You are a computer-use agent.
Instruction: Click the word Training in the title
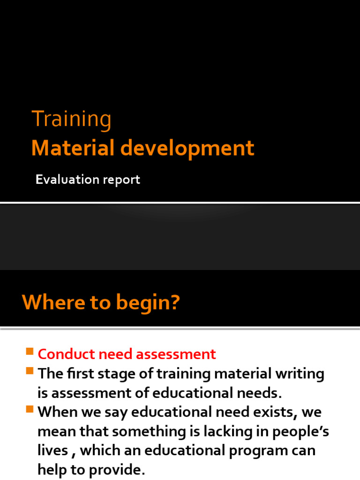pos(71,120)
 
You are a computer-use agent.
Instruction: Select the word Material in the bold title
pos(73,149)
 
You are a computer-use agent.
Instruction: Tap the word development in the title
pos(188,149)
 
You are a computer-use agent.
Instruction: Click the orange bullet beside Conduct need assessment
pos(30,352)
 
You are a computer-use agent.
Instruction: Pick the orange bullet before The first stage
pos(30,371)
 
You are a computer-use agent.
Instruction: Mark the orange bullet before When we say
pos(30,410)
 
